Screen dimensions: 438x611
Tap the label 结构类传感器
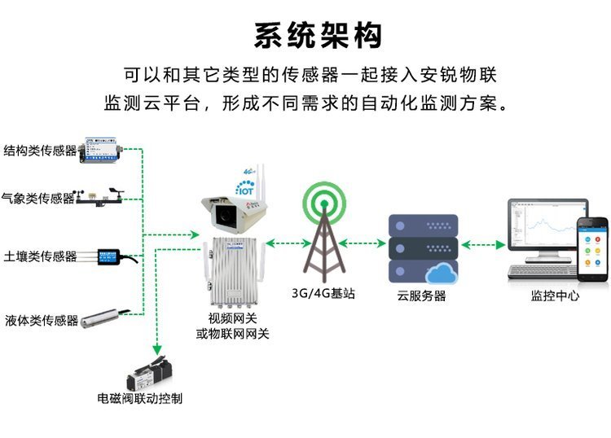[40, 151]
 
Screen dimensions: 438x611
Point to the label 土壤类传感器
[40, 256]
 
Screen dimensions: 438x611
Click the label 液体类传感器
[41, 320]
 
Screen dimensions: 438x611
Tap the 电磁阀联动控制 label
[139, 399]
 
